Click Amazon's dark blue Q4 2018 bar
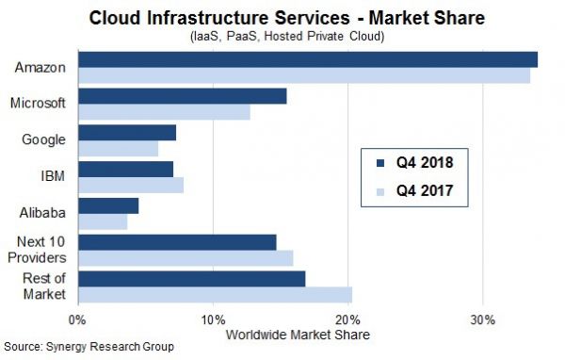307,60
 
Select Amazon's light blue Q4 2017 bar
303,75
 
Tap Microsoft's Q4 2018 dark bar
182,96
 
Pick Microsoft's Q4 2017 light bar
164,112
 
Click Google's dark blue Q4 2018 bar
127,133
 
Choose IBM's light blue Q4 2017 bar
131,185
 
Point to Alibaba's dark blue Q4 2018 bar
108,205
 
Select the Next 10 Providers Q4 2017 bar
186,258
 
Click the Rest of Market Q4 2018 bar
191,279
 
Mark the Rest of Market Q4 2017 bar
215,294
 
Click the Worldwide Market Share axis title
298,335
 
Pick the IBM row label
54,176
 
